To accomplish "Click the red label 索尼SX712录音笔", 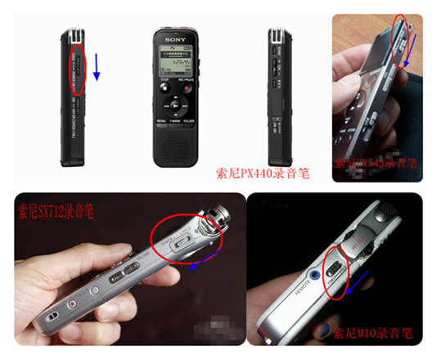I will (x=53, y=213).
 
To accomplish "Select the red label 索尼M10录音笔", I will (x=373, y=333).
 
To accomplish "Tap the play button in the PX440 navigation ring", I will (x=176, y=106).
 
